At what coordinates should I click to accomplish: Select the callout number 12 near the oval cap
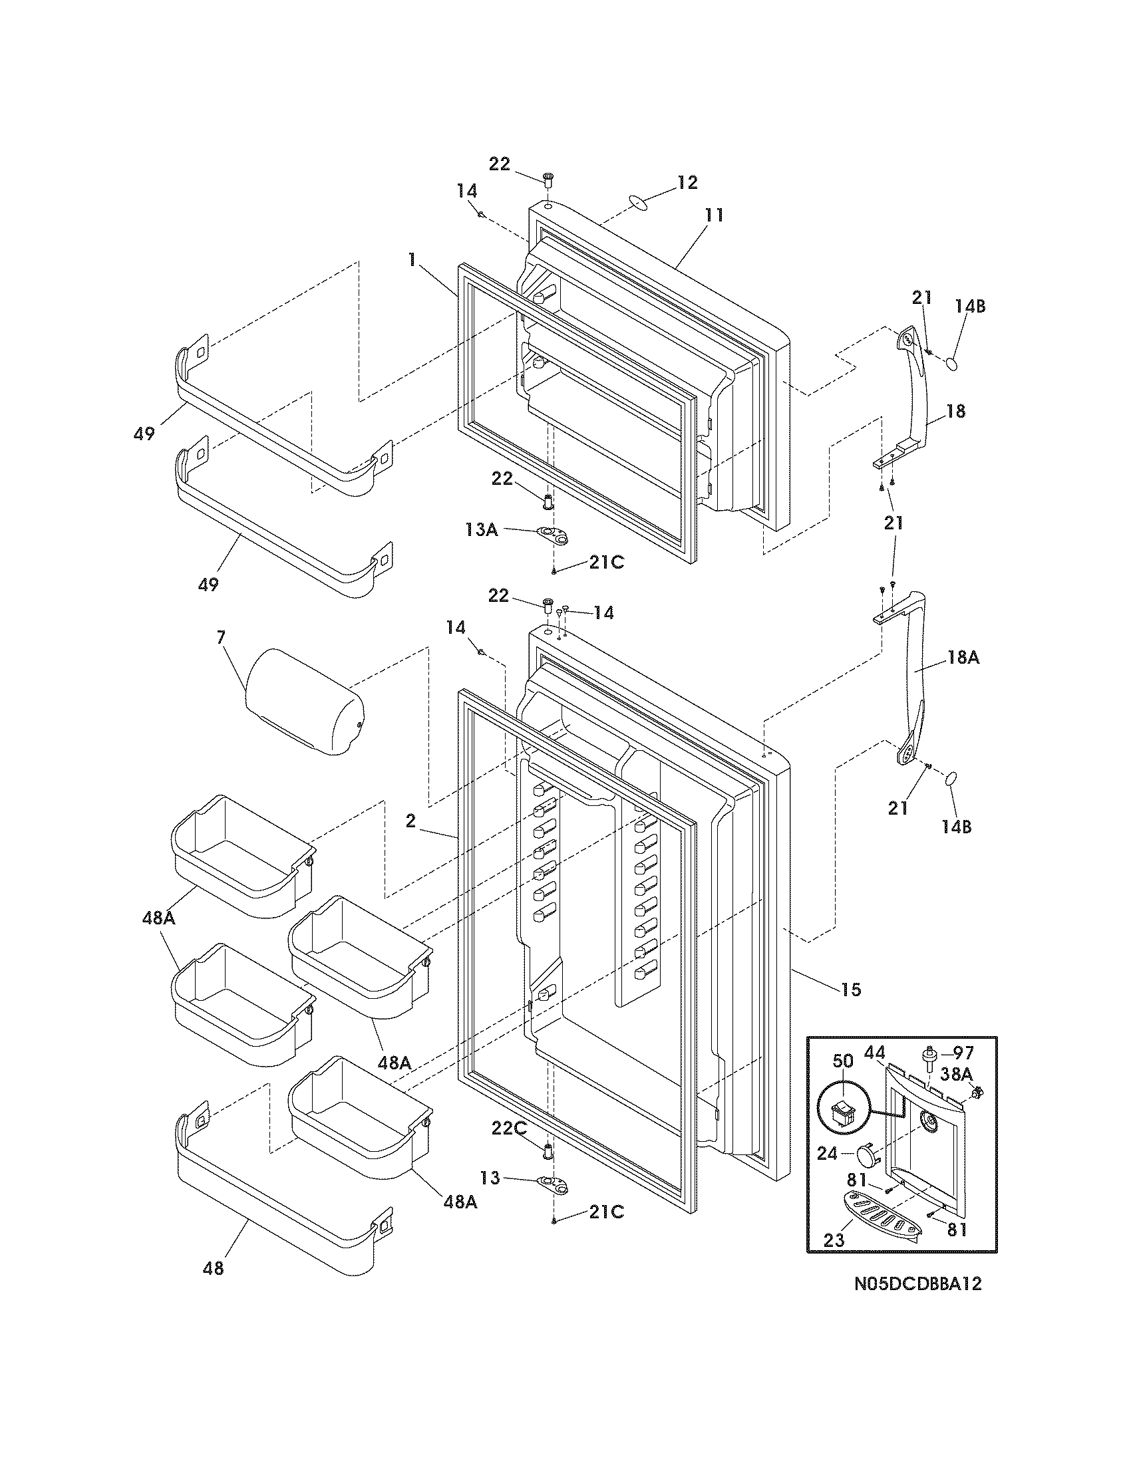(x=687, y=182)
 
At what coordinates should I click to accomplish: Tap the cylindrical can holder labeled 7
(x=303, y=702)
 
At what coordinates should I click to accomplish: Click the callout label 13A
(x=482, y=530)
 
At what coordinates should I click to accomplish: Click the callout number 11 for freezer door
(x=715, y=215)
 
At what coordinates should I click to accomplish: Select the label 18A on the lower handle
(x=963, y=657)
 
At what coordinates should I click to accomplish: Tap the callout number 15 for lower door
(x=851, y=989)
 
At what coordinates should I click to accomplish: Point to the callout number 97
(x=963, y=1053)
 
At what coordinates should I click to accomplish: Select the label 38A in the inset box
(x=956, y=1075)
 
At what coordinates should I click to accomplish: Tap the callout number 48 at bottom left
(x=214, y=1268)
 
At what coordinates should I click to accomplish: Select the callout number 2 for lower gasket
(x=410, y=821)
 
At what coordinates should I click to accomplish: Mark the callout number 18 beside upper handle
(x=956, y=410)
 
